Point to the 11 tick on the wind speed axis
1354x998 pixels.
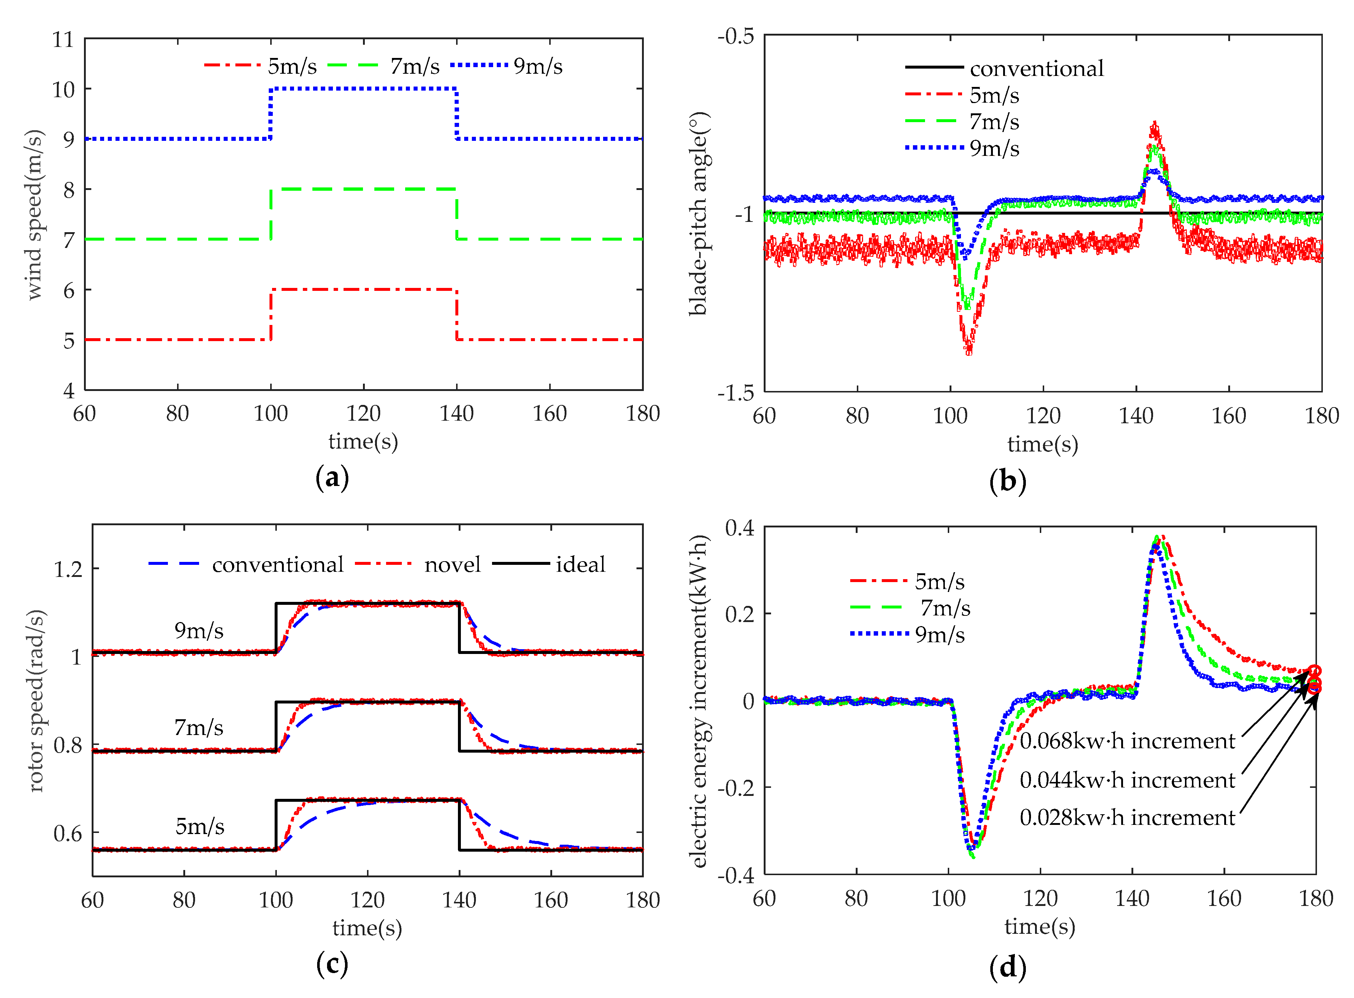[x=63, y=40]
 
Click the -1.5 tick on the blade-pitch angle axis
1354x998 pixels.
[x=735, y=393]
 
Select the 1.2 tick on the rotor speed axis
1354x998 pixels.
[x=67, y=569]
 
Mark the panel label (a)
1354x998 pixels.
[x=332, y=478]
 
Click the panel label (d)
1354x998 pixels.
[x=1008, y=966]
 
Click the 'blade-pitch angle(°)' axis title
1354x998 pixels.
[x=699, y=213]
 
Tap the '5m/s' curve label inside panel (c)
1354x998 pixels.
[x=199, y=826]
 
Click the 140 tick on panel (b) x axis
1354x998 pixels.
[x=1135, y=416]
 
